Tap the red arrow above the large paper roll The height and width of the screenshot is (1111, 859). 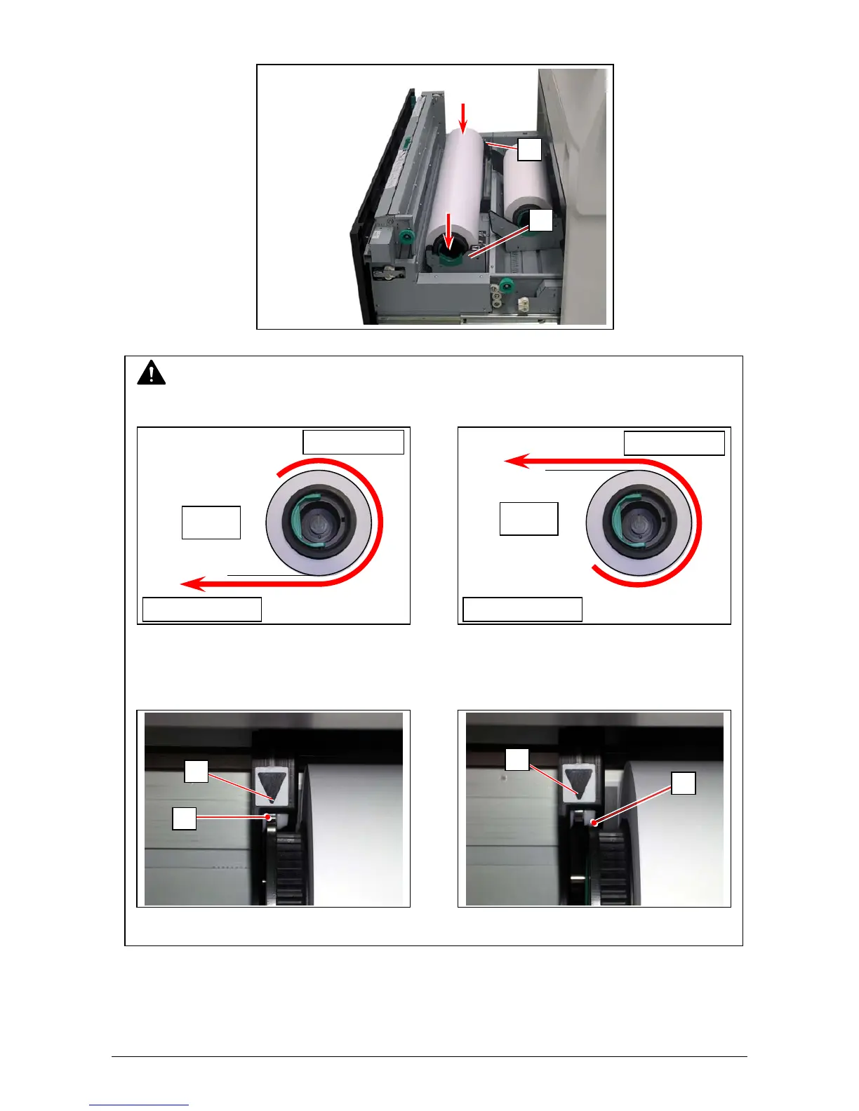pos(462,116)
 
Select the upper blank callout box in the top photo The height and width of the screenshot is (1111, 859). pos(530,149)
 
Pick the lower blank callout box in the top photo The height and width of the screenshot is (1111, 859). pos(540,220)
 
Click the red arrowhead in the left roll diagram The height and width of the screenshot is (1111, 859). pos(193,583)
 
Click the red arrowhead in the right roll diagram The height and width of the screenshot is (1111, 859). pos(517,461)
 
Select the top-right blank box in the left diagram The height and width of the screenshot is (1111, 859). pos(353,442)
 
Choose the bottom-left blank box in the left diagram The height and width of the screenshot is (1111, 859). pos(202,609)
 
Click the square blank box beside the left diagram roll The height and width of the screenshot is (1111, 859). pos(211,523)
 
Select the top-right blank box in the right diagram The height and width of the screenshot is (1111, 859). pos(674,443)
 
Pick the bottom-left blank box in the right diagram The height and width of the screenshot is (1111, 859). pos(522,609)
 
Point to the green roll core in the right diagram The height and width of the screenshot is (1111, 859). pos(639,522)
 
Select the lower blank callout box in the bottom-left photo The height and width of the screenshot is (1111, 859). pos(185,818)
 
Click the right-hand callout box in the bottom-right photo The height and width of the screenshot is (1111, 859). pos(683,783)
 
